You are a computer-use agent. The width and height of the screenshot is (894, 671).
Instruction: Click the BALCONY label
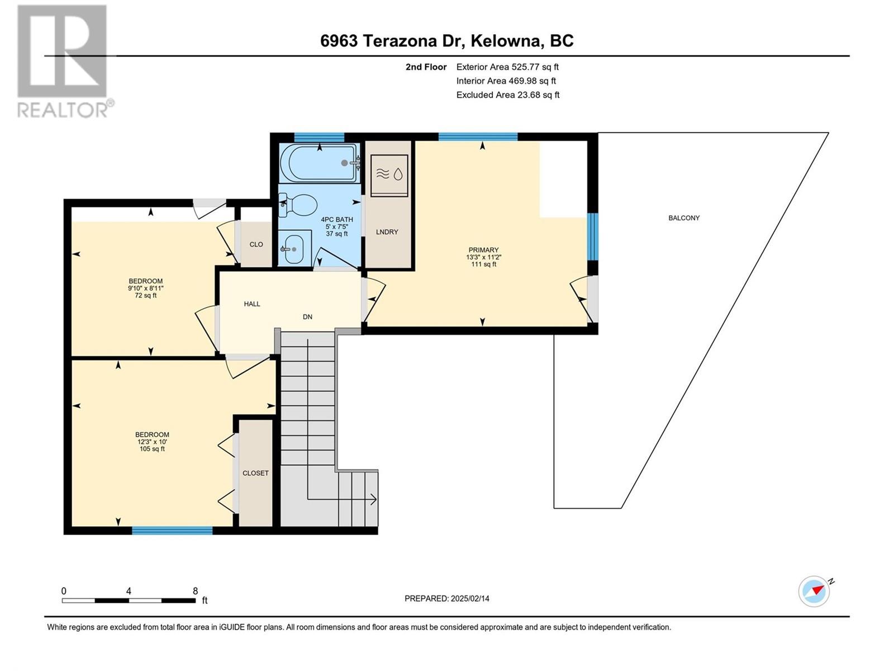click(684, 218)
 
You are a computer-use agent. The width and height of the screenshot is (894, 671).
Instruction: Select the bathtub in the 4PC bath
click(318, 163)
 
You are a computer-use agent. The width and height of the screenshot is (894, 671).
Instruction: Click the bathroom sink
click(293, 249)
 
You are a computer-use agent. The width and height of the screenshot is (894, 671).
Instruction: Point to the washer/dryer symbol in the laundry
click(389, 174)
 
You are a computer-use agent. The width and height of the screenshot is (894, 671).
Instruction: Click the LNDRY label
click(387, 232)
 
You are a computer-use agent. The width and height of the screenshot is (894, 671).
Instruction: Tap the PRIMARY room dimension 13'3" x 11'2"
click(483, 257)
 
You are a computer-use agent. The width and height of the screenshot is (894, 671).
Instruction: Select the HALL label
click(252, 304)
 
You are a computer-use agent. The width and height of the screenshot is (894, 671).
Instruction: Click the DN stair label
click(307, 317)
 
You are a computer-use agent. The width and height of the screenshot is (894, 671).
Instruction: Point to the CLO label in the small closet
click(256, 244)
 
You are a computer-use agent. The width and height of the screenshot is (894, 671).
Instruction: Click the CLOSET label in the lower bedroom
click(255, 473)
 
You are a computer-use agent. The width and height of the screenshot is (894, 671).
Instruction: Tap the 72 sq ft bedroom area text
click(146, 296)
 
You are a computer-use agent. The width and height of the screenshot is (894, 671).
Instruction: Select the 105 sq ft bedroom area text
click(152, 449)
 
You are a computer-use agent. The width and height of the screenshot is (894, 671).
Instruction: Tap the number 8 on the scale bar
click(195, 591)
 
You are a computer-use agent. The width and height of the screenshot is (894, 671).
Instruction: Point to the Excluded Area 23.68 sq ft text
click(507, 95)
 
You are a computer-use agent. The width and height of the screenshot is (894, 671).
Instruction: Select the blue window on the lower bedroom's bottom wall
click(172, 531)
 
